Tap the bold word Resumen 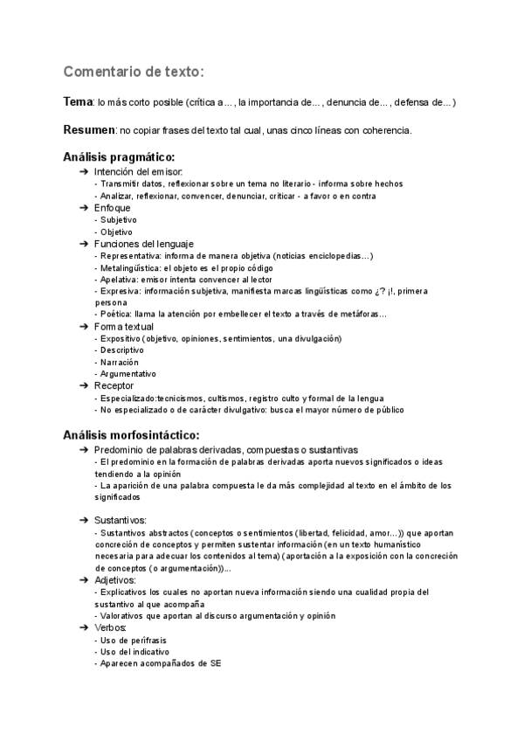(x=89, y=130)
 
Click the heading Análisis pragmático (x=125, y=157)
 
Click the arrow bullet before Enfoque (x=84, y=209)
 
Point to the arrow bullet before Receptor (x=84, y=385)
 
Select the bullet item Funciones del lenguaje (x=144, y=244)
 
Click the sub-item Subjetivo (x=118, y=220)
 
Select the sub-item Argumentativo (x=128, y=373)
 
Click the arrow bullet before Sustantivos (x=84, y=520)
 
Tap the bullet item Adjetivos (x=115, y=579)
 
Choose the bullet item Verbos (x=111, y=627)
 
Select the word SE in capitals (x=215, y=663)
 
